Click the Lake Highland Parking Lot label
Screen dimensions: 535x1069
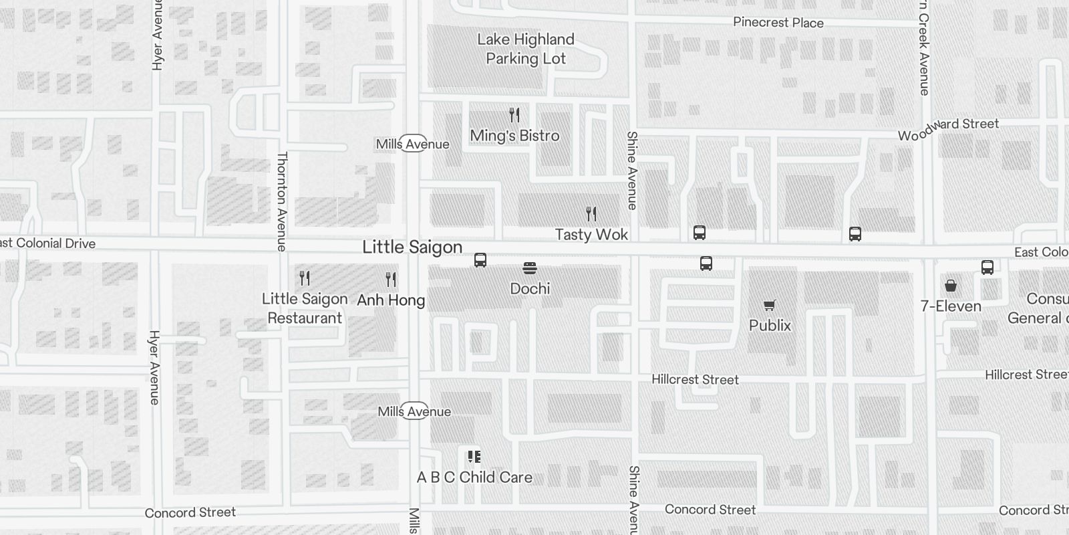(526, 49)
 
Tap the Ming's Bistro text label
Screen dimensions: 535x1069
(514, 136)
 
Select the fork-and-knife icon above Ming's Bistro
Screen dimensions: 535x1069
(514, 115)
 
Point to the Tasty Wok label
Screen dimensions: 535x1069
(591, 235)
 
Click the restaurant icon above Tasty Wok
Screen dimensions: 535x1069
(591, 214)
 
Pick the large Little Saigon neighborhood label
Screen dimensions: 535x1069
(412, 247)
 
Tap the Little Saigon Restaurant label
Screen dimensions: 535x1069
(305, 308)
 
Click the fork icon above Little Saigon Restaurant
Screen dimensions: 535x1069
(305, 278)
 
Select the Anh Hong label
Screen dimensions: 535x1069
(391, 300)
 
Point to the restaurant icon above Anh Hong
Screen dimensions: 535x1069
(391, 279)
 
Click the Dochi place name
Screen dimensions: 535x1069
(530, 289)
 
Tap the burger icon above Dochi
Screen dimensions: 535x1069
(530, 269)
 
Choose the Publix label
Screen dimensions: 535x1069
(770, 326)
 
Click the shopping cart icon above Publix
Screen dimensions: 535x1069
(770, 306)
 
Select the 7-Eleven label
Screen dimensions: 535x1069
(951, 306)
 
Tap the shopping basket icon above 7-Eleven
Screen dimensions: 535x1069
(951, 286)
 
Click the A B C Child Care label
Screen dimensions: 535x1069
(474, 477)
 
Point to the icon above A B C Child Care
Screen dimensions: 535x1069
(474, 457)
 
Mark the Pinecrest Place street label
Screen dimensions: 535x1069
(778, 23)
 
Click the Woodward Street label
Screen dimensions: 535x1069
(948, 130)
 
